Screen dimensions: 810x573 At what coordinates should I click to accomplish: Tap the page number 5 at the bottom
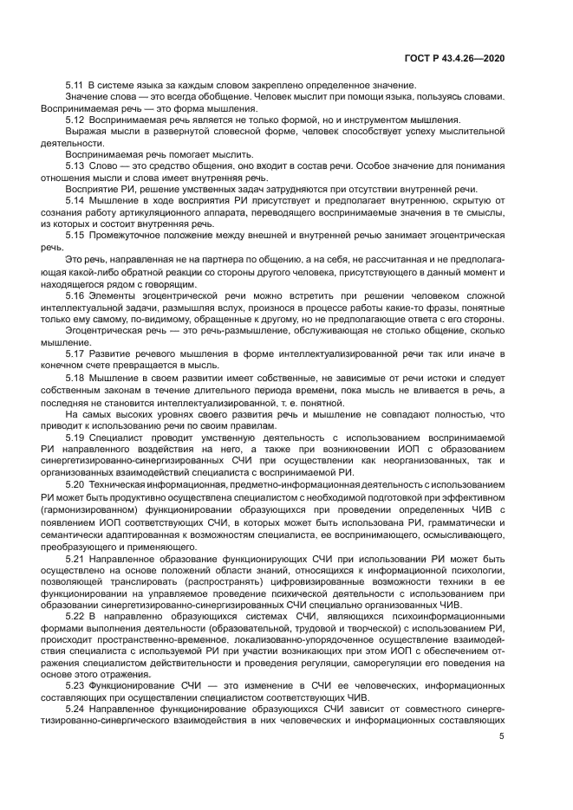(x=501, y=736)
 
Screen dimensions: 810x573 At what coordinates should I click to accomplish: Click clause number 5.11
(x=74, y=84)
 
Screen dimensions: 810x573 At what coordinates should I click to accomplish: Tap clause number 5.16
(x=74, y=296)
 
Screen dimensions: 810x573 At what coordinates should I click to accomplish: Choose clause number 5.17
(x=74, y=353)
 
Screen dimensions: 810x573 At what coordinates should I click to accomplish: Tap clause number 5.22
(x=74, y=613)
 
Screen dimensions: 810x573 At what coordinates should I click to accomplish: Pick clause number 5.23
(x=74, y=684)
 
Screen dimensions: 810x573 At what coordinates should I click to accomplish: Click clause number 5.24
(x=74, y=707)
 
